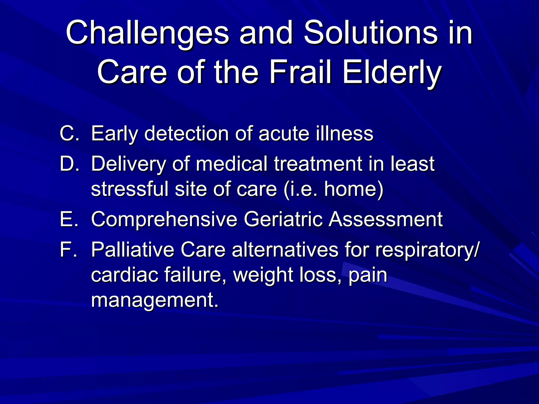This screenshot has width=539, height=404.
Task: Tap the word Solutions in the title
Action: [371, 33]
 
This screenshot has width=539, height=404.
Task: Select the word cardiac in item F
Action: [124, 275]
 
